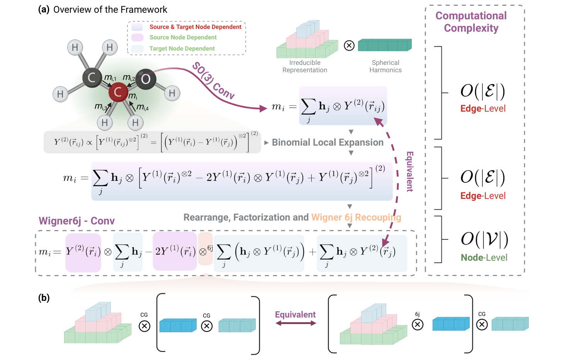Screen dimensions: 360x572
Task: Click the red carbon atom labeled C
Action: pyautogui.click(x=118, y=92)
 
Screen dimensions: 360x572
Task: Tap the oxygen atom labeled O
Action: pyautogui.click(x=146, y=79)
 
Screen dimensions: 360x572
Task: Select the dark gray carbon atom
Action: pyautogui.click(x=92, y=78)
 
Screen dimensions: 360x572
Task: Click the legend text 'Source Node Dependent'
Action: pyautogui.click(x=183, y=37)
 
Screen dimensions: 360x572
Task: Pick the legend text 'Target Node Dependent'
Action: pyautogui.click(x=182, y=49)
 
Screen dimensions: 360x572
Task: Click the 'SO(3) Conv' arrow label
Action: pyautogui.click(x=214, y=80)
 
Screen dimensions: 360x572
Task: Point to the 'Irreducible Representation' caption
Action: pyautogui.click(x=305, y=66)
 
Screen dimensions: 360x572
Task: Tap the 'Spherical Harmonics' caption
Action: pyautogui.click(x=385, y=66)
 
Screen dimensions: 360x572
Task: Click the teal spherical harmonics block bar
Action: pyautogui.click(x=385, y=45)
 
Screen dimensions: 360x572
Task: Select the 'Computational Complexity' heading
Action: pyautogui.click(x=471, y=22)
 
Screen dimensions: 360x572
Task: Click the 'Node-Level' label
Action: pyautogui.click(x=484, y=258)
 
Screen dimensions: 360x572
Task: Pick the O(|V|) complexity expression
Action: pyautogui.click(x=484, y=239)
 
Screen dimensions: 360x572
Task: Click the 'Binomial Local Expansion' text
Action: pyautogui.click(x=328, y=143)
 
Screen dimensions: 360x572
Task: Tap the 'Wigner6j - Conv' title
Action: pyautogui.click(x=77, y=221)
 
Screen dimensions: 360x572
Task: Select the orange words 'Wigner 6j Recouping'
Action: pyautogui.click(x=356, y=217)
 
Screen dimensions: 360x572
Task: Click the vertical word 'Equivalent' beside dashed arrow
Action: pyautogui.click(x=410, y=172)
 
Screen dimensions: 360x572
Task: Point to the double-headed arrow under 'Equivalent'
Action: pyautogui.click(x=295, y=323)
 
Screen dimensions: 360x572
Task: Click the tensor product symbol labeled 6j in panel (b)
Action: pyautogui.click(x=418, y=324)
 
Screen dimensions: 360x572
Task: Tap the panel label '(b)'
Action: pyautogui.click(x=44, y=298)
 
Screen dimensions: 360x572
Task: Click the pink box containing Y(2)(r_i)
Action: pyautogui.click(x=83, y=252)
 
